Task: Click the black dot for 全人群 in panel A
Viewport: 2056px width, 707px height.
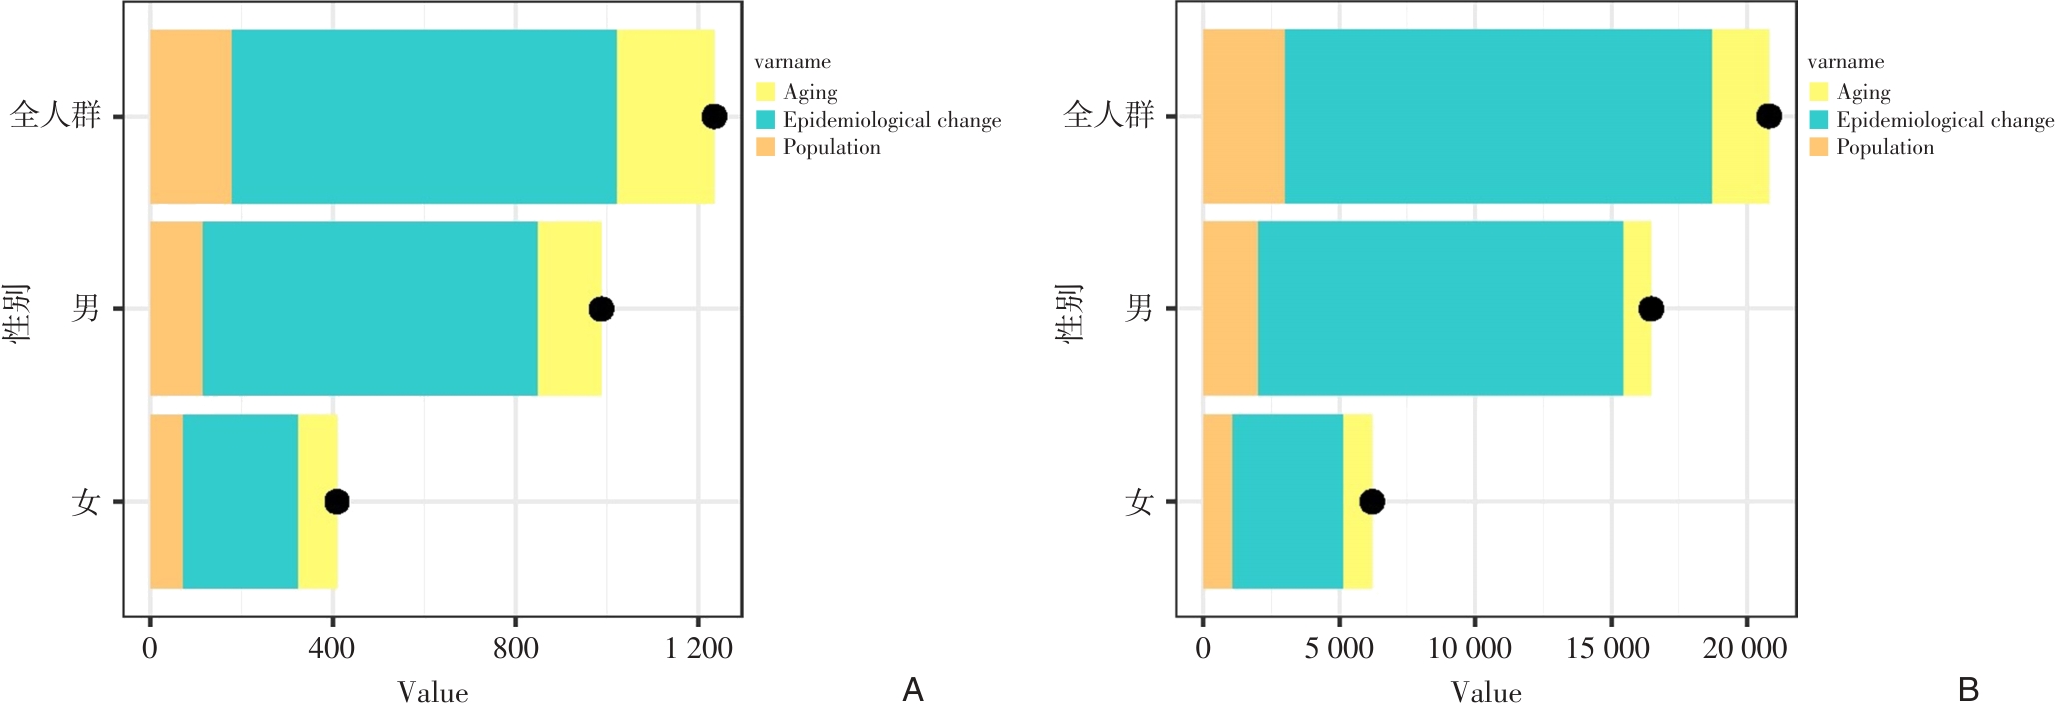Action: click(713, 117)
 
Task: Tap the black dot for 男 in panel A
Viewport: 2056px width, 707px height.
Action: click(601, 309)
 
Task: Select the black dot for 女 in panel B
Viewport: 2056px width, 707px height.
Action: click(1372, 501)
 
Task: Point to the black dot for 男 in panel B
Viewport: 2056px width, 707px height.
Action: click(1651, 309)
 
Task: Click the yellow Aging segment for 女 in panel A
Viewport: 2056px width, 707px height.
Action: click(318, 501)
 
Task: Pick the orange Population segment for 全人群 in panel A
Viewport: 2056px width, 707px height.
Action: click(191, 117)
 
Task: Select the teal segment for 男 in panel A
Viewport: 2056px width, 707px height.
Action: click(370, 309)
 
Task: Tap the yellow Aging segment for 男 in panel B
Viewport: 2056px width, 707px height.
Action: click(1637, 309)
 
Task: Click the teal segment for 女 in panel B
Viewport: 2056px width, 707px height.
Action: click(1287, 501)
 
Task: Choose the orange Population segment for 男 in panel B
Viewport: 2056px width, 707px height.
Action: click(1230, 309)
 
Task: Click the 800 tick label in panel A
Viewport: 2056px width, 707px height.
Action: click(516, 649)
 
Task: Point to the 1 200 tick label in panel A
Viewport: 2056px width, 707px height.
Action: click(699, 649)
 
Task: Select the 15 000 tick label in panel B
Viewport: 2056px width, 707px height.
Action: click(1608, 649)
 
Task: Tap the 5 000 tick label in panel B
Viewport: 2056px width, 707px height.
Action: click(1338, 649)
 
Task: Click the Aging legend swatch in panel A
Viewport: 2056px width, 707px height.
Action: click(766, 92)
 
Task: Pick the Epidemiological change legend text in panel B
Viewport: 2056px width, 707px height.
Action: click(1945, 120)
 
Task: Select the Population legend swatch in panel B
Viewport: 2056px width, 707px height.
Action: click(1819, 147)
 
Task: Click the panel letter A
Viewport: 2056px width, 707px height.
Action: click(912, 690)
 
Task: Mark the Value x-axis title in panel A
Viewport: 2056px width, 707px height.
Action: click(432, 692)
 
